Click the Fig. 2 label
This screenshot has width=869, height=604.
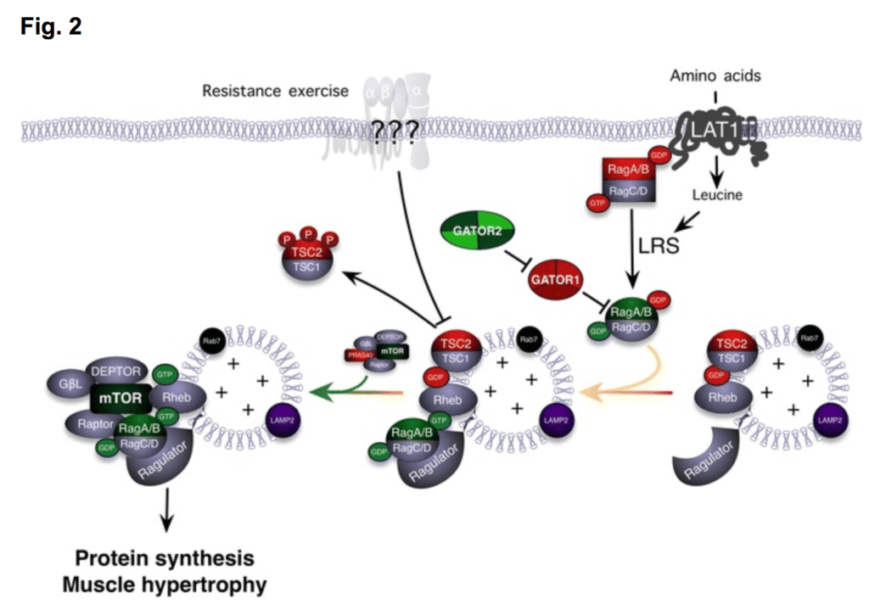click(x=51, y=26)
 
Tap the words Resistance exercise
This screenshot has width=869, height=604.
click(x=275, y=90)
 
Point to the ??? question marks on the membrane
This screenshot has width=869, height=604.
click(x=394, y=135)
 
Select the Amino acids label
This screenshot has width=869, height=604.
click(x=715, y=76)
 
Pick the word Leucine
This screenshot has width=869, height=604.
click(x=717, y=194)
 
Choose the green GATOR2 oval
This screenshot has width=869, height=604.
click(x=477, y=232)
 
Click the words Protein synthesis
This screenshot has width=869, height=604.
click(x=165, y=559)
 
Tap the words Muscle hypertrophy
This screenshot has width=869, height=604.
click(x=170, y=584)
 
